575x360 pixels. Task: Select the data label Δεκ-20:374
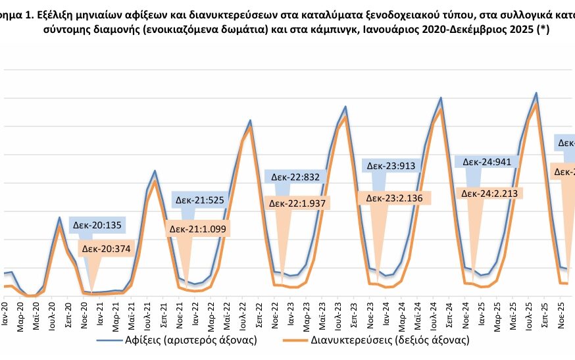click(105, 249)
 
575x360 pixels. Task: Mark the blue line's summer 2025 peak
click(536, 93)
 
